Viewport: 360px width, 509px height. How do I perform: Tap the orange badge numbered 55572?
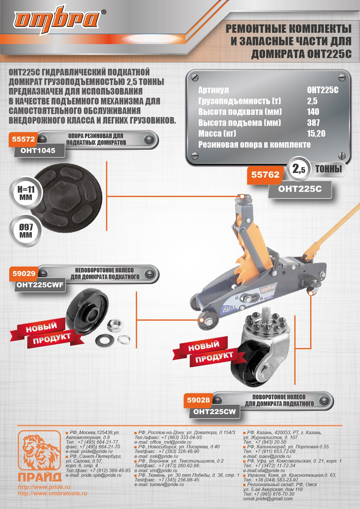point(23,139)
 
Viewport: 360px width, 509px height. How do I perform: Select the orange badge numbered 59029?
point(24,274)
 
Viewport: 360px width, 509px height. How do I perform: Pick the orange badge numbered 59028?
point(198,400)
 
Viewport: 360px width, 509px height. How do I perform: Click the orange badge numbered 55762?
point(265,175)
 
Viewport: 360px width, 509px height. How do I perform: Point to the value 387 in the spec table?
point(313,123)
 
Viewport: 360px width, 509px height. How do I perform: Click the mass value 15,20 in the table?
point(316,133)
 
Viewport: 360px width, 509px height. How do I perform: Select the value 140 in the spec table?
point(313,112)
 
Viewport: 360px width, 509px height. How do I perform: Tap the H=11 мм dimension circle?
point(26,193)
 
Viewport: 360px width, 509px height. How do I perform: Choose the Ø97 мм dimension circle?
point(26,231)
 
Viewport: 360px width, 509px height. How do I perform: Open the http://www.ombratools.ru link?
point(52,493)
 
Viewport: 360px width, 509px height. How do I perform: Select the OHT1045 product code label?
point(38,150)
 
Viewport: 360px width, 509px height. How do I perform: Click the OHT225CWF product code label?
point(40,285)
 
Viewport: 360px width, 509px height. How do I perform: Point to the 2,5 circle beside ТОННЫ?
point(299,169)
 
